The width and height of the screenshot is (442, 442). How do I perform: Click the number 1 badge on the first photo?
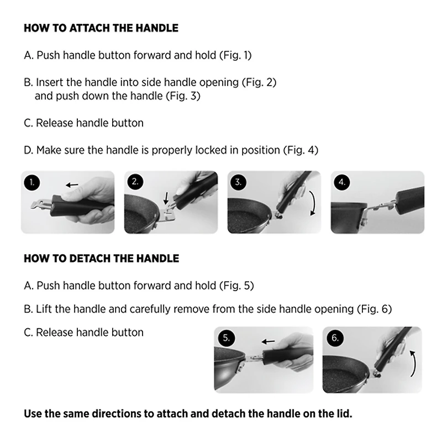[32, 182]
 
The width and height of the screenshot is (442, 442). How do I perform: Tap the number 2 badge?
[135, 182]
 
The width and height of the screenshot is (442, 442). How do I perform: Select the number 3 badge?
[238, 182]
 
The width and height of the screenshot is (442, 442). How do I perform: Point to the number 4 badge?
[341, 182]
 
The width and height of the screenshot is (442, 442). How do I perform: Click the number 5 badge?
[226, 338]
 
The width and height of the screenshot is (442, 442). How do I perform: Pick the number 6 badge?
[335, 338]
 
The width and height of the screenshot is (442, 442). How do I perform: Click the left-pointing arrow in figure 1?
[72, 185]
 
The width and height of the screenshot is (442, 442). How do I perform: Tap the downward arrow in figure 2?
[166, 198]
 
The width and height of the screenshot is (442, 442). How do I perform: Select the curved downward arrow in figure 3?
[313, 203]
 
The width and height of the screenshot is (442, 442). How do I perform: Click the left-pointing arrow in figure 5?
[268, 341]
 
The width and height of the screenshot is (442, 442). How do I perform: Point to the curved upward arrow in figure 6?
[414, 363]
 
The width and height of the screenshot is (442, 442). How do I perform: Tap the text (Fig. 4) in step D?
[301, 150]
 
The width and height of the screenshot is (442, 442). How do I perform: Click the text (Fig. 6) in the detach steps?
[375, 309]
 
